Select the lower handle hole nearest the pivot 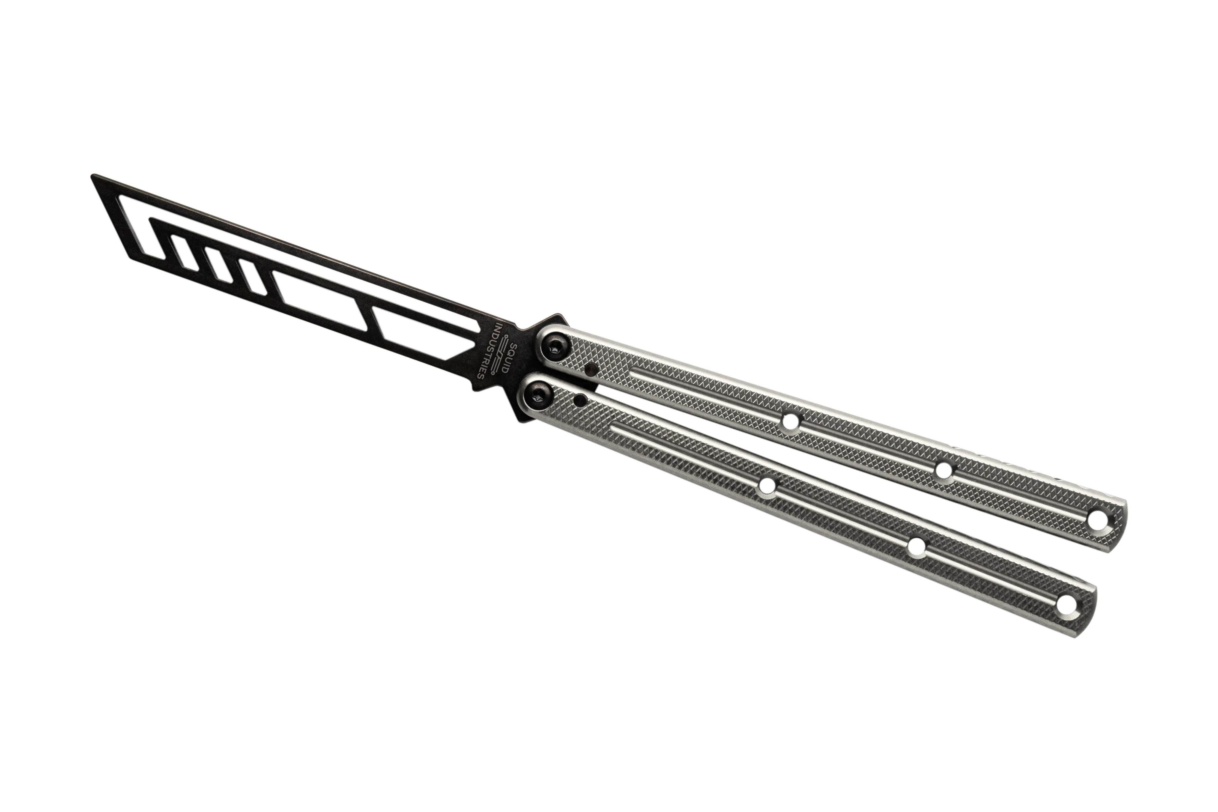766,486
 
